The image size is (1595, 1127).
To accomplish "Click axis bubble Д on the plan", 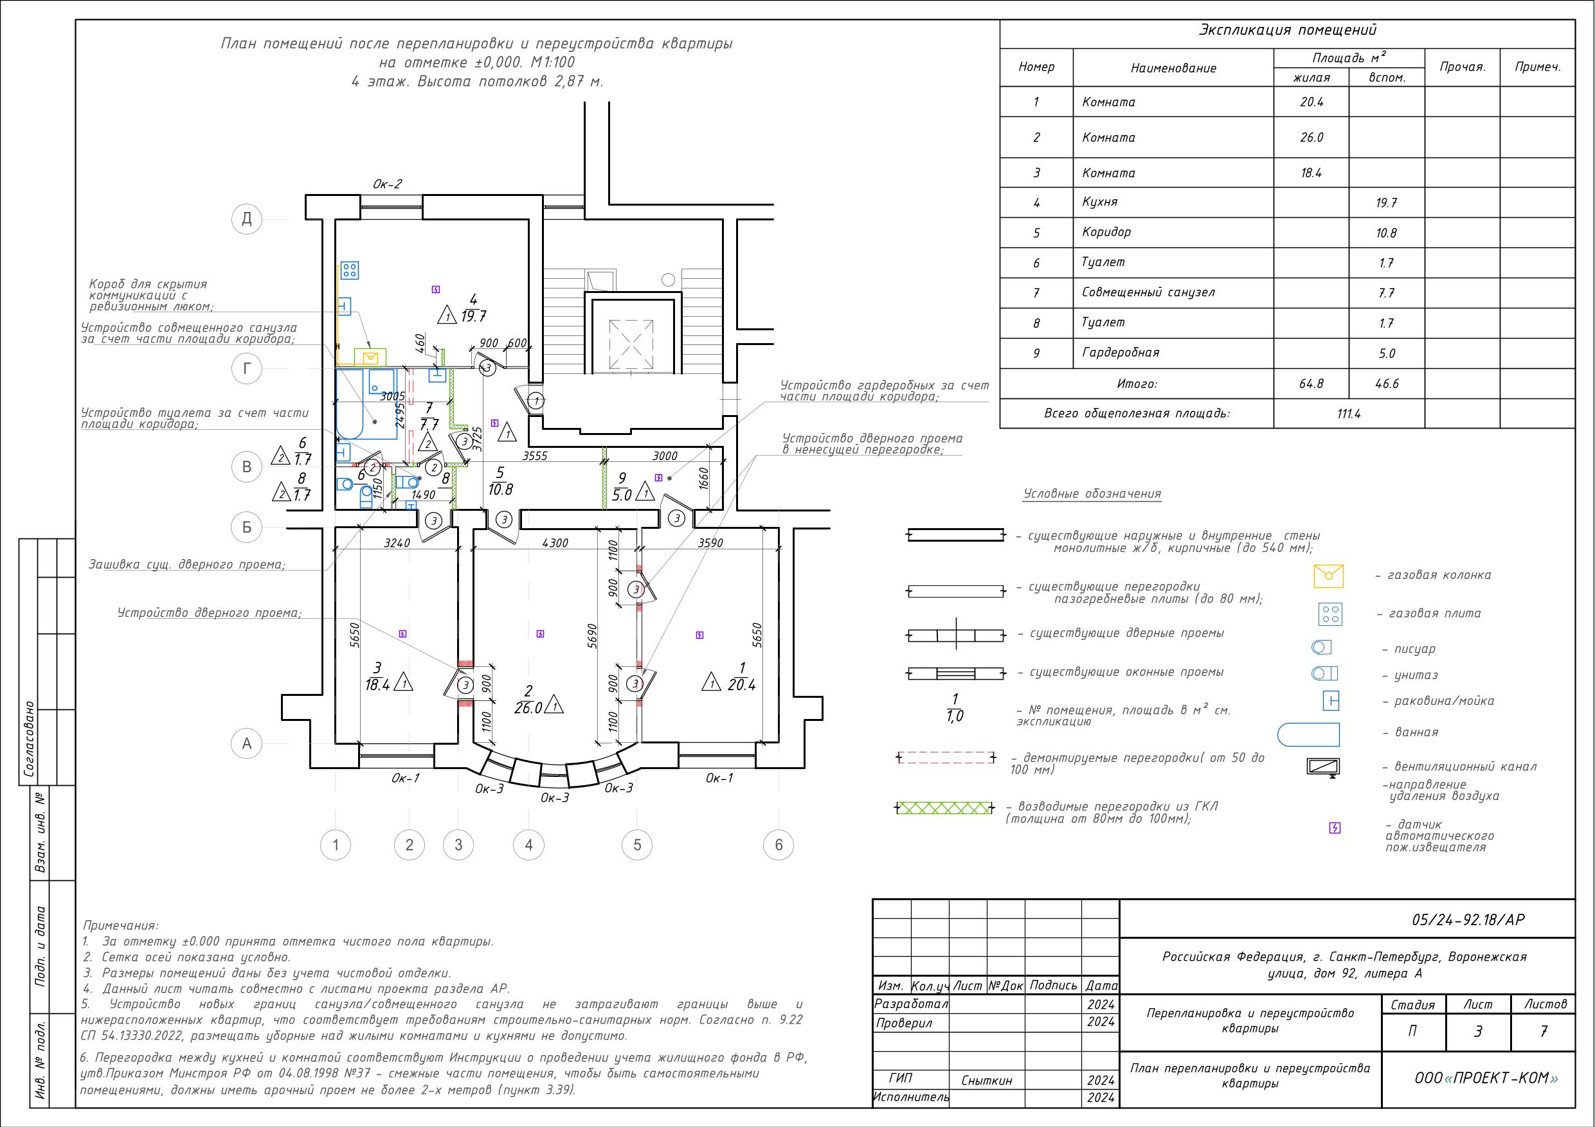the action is (x=247, y=220).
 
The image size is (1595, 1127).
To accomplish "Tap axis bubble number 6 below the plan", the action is (x=778, y=845).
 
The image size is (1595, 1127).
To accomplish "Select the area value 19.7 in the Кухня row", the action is (x=1386, y=204).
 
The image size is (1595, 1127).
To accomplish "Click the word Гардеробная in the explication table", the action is (x=1121, y=353).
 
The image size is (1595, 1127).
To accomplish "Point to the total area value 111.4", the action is (x=1348, y=414).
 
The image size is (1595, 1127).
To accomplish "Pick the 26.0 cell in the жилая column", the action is (x=1311, y=138).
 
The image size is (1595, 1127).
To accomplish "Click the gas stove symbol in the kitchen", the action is (x=350, y=269).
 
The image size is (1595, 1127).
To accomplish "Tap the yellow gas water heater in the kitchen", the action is (x=370, y=357).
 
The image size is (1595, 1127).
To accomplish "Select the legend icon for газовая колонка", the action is (x=1328, y=576).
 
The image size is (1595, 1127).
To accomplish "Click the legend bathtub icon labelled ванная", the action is (x=1308, y=734).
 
